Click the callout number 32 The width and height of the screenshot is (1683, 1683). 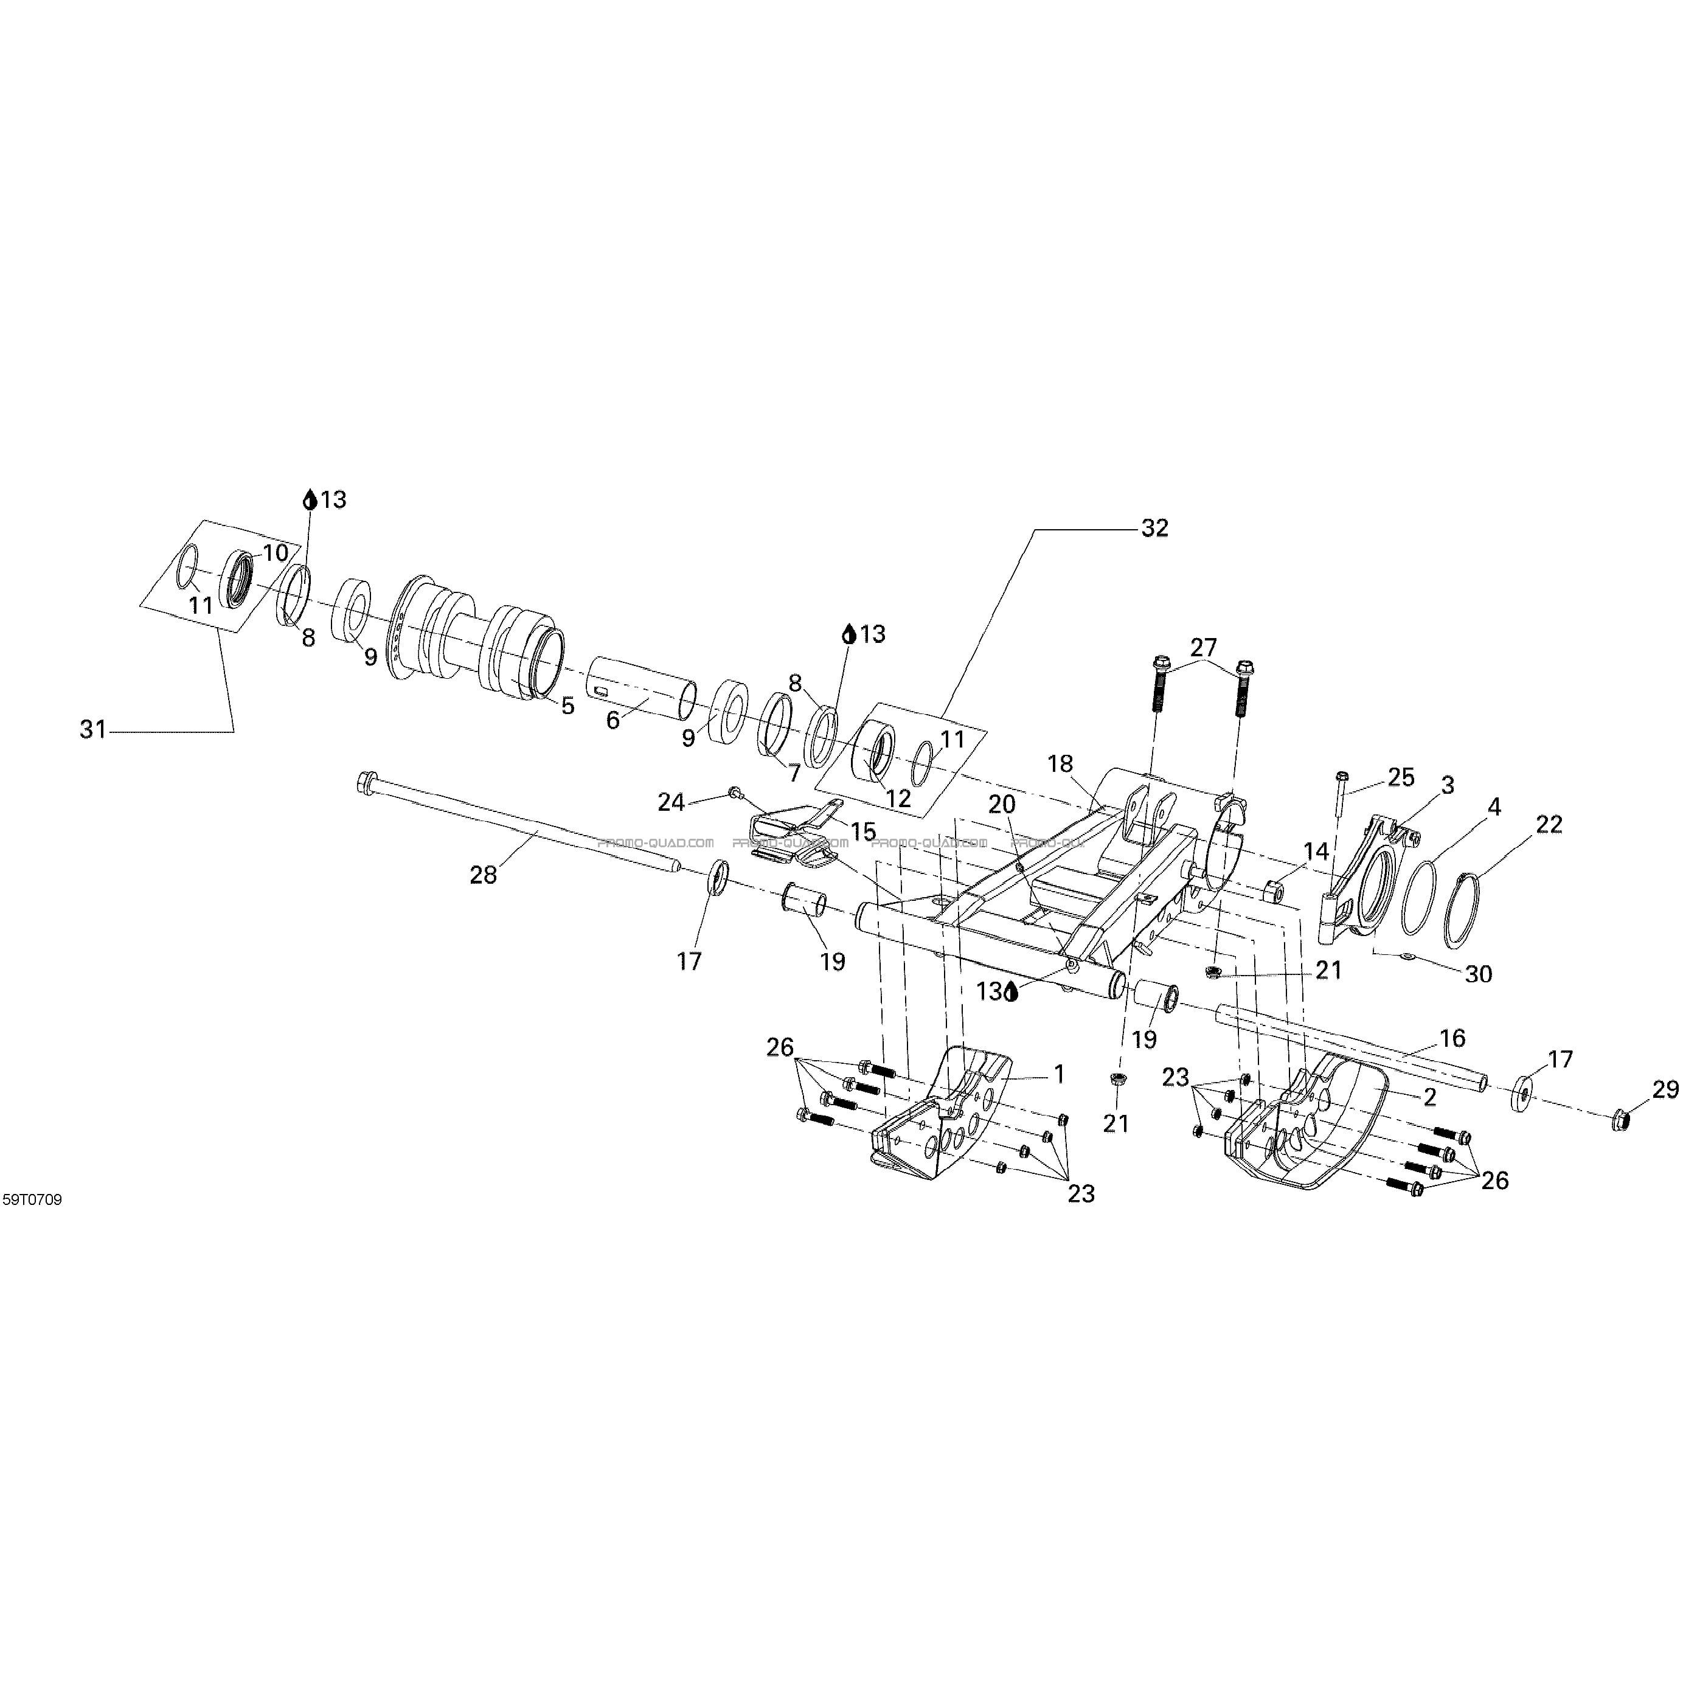1154,528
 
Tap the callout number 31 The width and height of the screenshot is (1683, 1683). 93,729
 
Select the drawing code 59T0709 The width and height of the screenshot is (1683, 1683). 32,1199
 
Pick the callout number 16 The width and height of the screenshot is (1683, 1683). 1452,1038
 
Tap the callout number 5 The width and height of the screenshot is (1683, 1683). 568,705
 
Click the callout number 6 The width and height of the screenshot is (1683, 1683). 612,720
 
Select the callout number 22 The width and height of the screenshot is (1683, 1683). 1548,824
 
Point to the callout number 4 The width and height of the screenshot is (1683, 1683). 1494,806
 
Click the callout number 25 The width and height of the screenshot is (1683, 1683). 1401,777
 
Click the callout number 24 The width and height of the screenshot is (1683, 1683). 671,802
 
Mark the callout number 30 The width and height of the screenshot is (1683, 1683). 1478,974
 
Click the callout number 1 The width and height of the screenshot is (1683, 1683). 1060,1074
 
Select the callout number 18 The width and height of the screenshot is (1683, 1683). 1060,764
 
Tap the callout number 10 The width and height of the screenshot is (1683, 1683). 276,552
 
